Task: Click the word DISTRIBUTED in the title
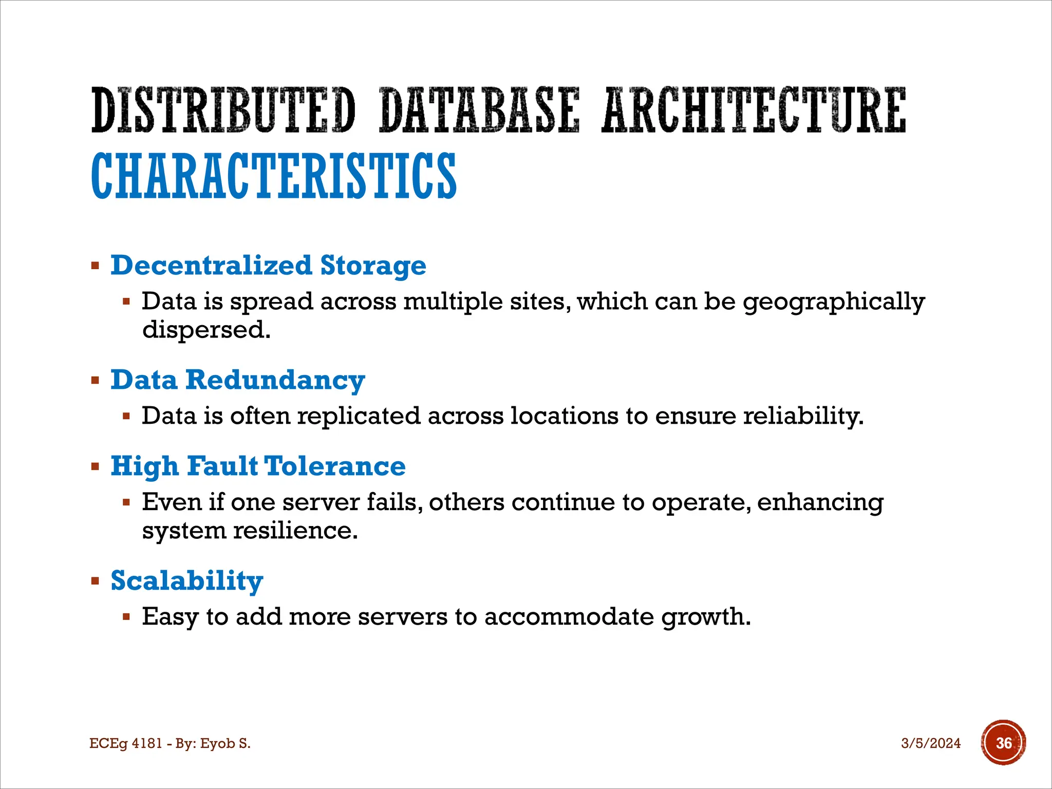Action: [x=223, y=110]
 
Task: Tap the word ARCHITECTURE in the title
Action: [x=754, y=110]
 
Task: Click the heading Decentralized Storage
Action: [x=268, y=266]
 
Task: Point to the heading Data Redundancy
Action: [x=237, y=380]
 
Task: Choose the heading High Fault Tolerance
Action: [x=258, y=466]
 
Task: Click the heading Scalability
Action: [x=187, y=580]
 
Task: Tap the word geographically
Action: [x=834, y=302]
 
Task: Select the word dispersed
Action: [x=206, y=330]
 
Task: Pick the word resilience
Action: [x=295, y=531]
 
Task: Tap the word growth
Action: [x=706, y=617]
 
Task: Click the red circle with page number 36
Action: [x=1003, y=743]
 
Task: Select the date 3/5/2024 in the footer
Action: [x=931, y=743]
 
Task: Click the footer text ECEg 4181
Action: [x=126, y=743]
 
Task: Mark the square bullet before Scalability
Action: [x=95, y=581]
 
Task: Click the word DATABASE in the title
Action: [x=479, y=110]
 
